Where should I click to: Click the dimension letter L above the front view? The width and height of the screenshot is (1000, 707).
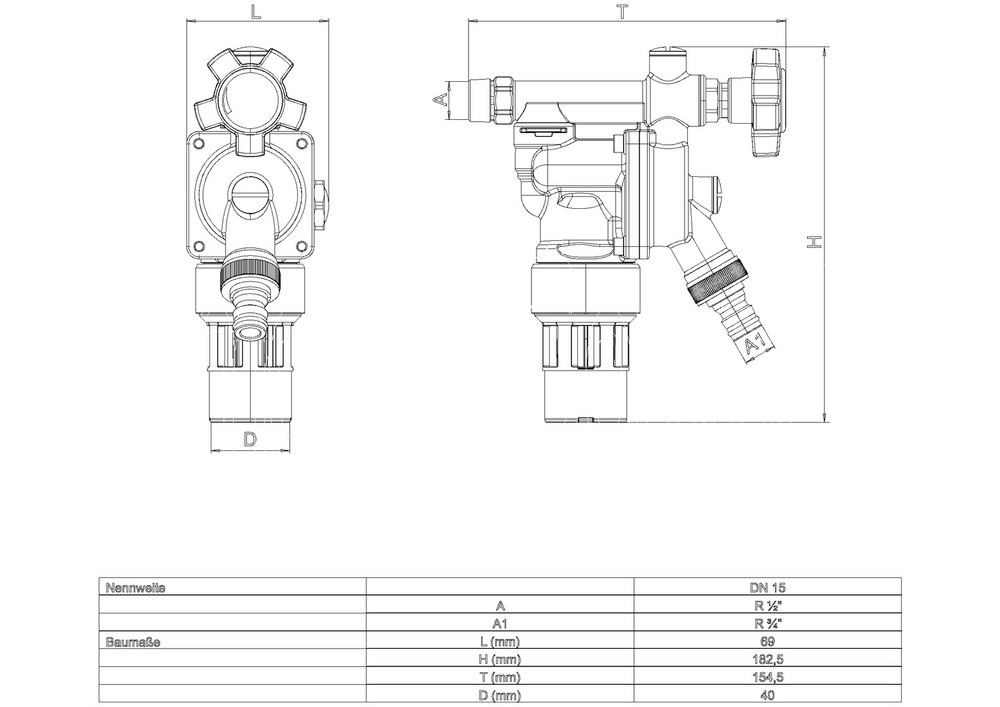[255, 12]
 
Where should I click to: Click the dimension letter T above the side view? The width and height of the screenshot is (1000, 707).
[622, 12]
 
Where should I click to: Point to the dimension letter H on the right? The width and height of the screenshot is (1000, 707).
[814, 242]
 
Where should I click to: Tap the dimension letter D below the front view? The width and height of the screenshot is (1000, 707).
[250, 440]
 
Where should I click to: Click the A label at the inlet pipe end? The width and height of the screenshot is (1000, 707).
[441, 99]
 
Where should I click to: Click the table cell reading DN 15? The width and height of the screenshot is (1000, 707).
[768, 588]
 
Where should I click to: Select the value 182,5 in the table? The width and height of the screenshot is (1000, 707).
[768, 659]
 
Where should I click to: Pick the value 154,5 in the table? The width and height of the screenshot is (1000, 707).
[768, 677]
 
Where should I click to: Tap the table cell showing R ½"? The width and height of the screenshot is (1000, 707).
[768, 606]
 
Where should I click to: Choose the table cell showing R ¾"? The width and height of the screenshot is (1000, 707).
[768, 623]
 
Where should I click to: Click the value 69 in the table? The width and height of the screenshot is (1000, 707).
[768, 642]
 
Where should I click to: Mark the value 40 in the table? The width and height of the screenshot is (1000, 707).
[768, 695]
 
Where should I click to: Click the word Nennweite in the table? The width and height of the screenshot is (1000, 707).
[135, 589]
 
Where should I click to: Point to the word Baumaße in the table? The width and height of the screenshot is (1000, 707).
[133, 642]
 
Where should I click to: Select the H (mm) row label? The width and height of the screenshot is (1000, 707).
[500, 659]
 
